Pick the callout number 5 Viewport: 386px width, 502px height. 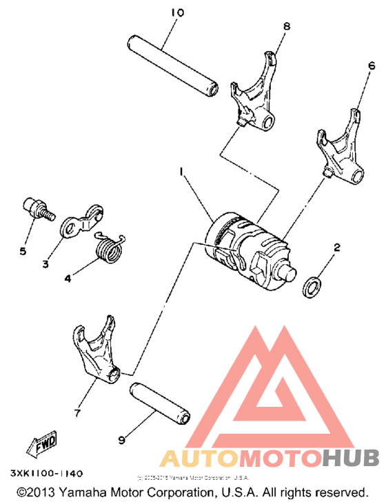(22, 251)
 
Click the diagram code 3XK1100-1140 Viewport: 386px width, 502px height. (48, 474)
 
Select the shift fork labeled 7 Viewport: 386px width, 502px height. (96, 351)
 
